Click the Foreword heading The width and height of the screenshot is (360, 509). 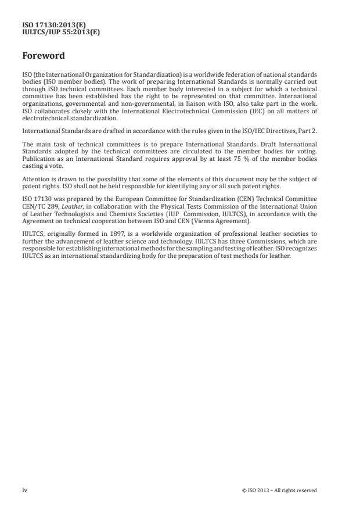click(43, 56)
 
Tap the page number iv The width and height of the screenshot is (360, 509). click(24, 490)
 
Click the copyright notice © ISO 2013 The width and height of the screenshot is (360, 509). click(279, 490)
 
